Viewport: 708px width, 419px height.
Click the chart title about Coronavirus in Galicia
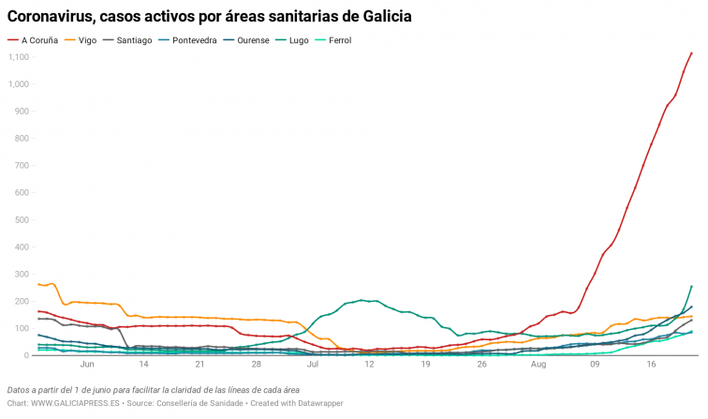[x=210, y=17]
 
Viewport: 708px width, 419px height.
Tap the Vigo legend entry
[x=87, y=40]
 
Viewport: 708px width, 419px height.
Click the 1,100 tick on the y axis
[x=19, y=57]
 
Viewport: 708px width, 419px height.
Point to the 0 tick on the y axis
[x=27, y=356]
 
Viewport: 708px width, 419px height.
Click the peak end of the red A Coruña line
[x=691, y=53]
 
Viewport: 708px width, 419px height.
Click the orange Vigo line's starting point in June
[x=38, y=284]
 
